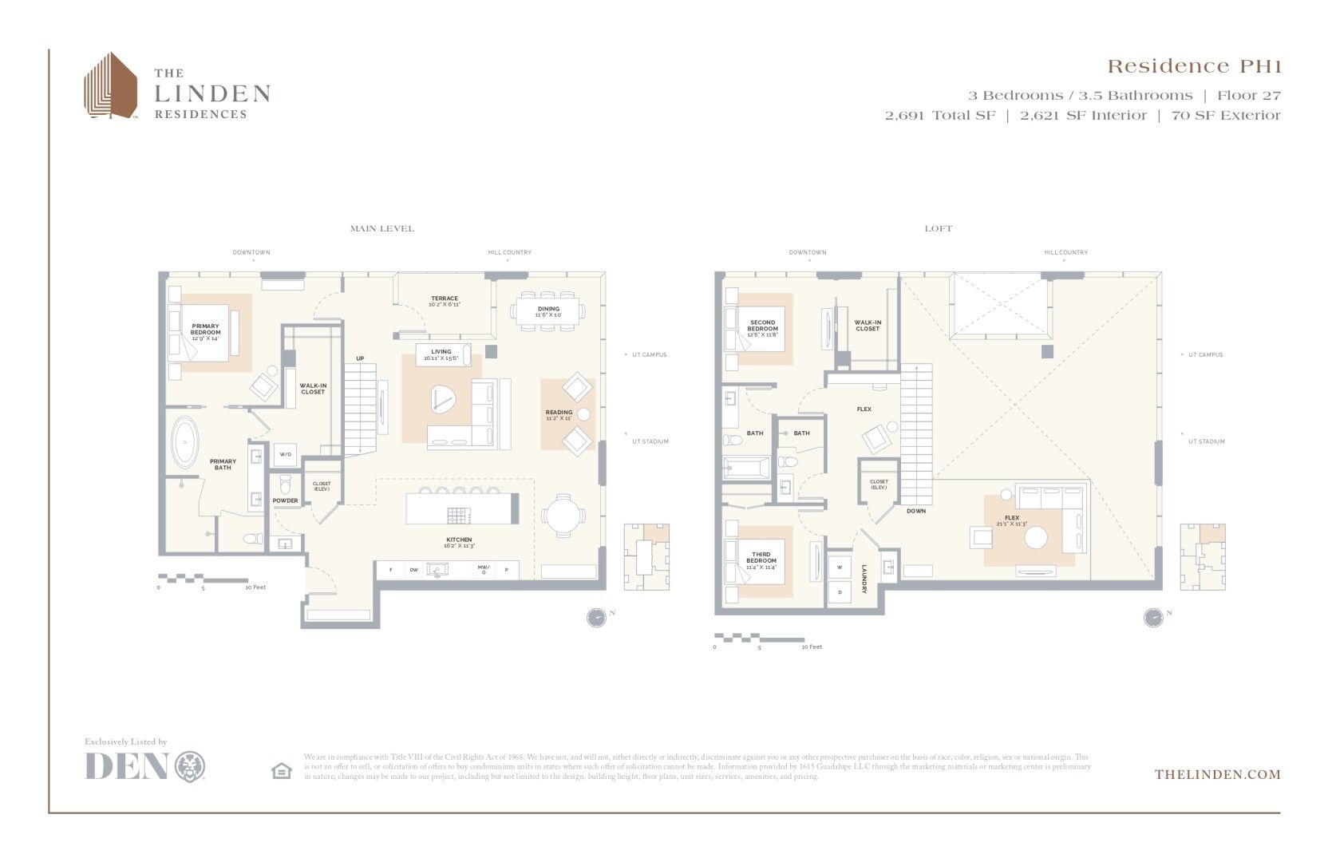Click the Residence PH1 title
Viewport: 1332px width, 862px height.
[1193, 66]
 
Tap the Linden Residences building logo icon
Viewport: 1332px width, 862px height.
[111, 86]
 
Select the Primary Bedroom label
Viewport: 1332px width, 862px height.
[205, 332]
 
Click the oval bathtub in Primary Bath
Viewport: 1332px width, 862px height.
[185, 441]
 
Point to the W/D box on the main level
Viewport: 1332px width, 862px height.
[285, 454]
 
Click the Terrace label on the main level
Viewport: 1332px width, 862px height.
[445, 301]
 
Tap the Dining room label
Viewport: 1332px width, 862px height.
[548, 311]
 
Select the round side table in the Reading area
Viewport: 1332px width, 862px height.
[584, 414]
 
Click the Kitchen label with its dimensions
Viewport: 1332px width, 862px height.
[459, 543]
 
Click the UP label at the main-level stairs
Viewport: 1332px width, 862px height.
[360, 358]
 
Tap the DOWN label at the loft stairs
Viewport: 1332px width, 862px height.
[916, 511]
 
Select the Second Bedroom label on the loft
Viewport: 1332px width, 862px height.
[762, 328]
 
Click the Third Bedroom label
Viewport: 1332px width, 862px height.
[761, 560]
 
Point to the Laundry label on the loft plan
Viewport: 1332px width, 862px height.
[864, 579]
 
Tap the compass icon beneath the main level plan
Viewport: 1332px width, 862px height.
[596, 617]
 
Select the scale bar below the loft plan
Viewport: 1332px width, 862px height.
[759, 638]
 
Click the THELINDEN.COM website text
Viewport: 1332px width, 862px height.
[1217, 774]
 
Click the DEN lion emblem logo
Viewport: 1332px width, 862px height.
[190, 766]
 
